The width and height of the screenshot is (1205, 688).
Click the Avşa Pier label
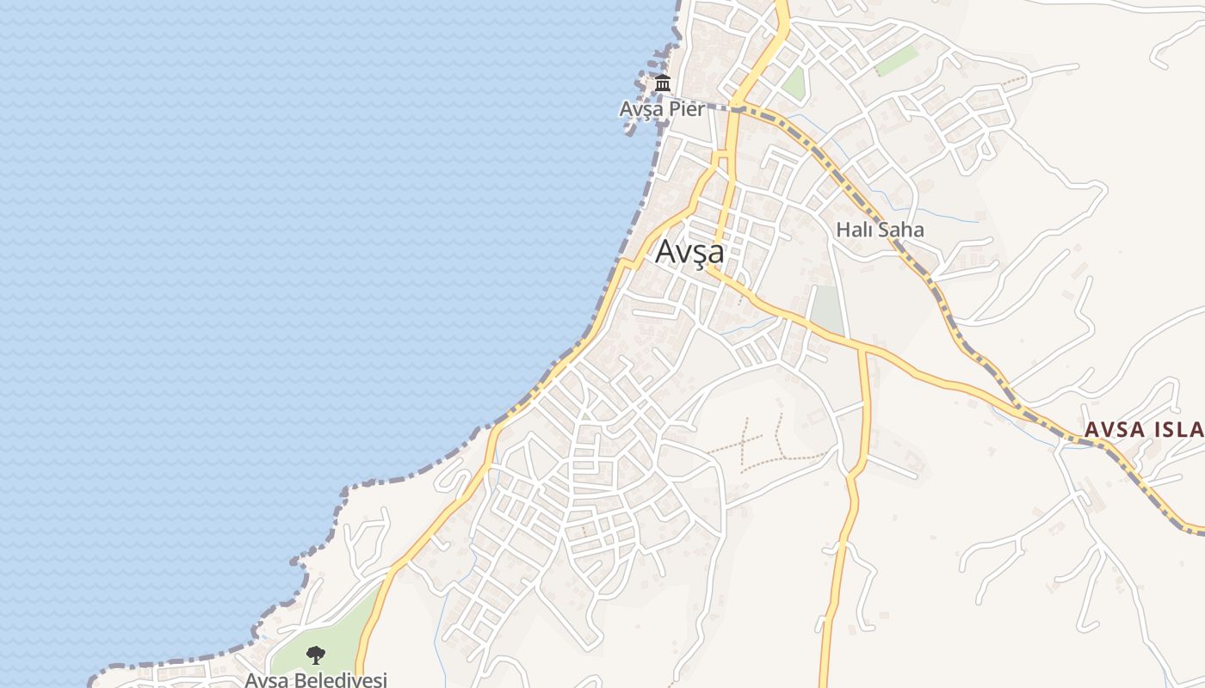[x=662, y=109]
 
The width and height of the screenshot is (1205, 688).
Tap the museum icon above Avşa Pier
[x=662, y=84]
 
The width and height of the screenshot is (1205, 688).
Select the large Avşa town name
[x=689, y=252]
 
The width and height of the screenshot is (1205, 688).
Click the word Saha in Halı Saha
[x=900, y=230]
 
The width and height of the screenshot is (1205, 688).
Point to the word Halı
[x=854, y=230]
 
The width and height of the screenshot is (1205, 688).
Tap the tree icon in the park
[x=316, y=655]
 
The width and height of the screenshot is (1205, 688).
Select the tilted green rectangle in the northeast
[x=897, y=61]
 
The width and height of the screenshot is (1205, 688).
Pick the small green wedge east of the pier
[x=794, y=83]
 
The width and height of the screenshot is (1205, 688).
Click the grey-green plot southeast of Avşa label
[x=827, y=309]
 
